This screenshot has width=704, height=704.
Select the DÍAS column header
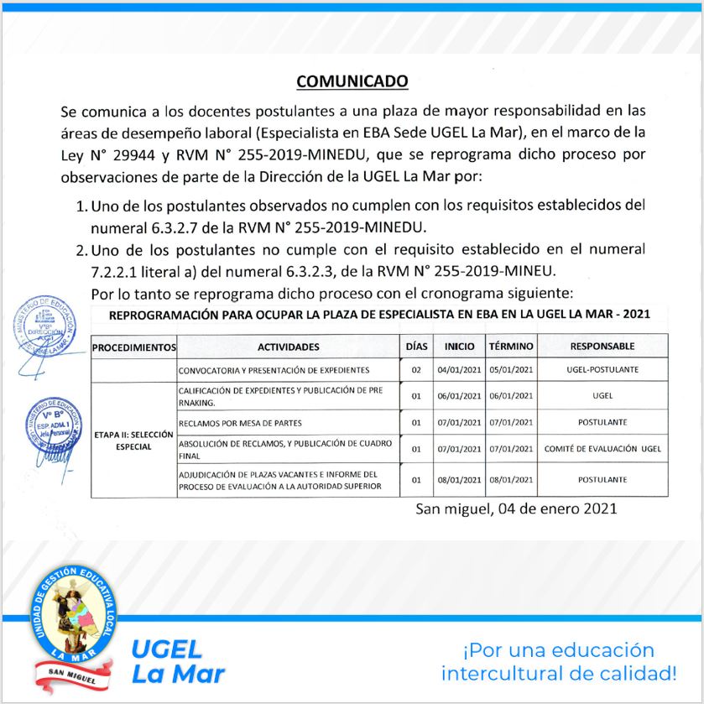[415, 346]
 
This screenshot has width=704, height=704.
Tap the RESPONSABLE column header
[602, 346]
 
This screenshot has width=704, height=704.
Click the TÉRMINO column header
[511, 346]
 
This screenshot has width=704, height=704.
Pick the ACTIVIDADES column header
[288, 346]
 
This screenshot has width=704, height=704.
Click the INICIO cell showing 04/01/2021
[459, 369]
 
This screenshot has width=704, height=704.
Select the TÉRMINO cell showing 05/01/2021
[511, 369]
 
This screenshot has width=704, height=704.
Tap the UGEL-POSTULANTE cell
[602, 369]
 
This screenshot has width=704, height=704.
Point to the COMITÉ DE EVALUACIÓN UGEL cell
[602, 449]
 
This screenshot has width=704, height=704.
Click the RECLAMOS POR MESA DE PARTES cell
[240, 422]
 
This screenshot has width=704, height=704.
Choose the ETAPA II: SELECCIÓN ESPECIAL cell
[133, 441]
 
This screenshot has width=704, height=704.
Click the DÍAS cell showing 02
[415, 369]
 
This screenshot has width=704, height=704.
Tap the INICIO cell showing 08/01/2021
[459, 480]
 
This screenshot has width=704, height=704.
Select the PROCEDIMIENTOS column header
[133, 346]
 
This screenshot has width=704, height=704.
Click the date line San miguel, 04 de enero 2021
[516, 508]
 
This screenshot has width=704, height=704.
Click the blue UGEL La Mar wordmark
[178, 660]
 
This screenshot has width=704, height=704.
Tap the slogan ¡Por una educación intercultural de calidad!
[559, 661]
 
